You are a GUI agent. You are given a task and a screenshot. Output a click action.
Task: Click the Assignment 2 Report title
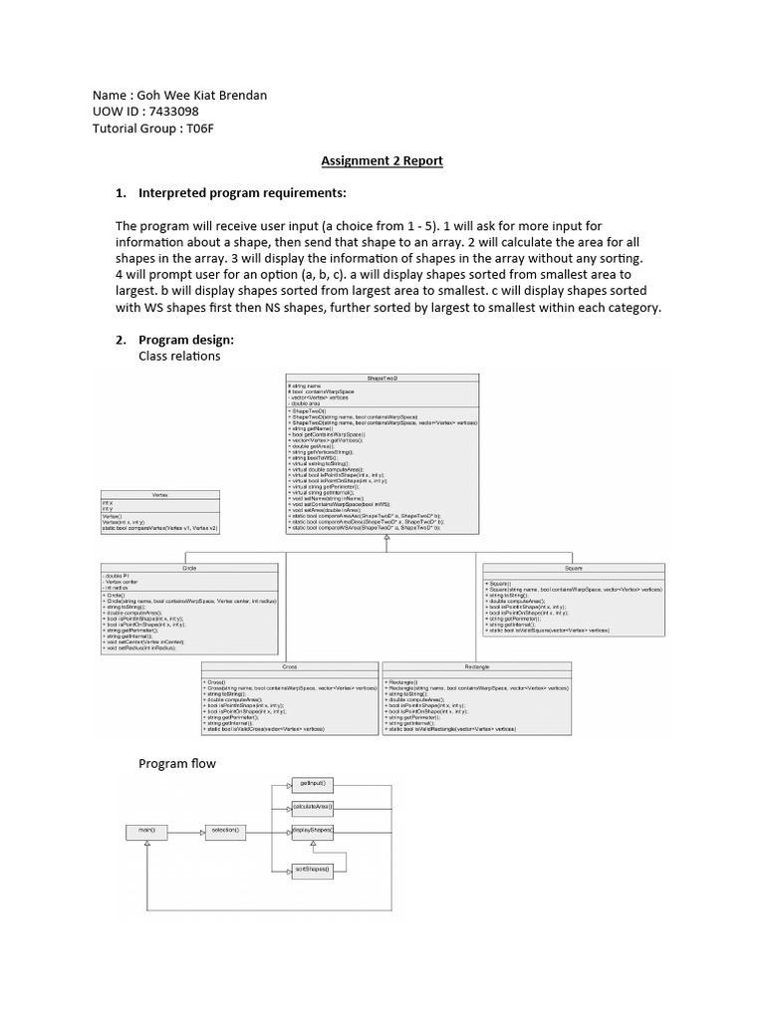pyautogui.click(x=382, y=160)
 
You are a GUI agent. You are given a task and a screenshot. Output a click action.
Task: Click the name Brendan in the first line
pyautogui.click(x=239, y=96)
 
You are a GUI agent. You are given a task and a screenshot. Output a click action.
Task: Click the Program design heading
pyautogui.click(x=185, y=340)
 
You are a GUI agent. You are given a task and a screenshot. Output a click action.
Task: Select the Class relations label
pyautogui.click(x=179, y=356)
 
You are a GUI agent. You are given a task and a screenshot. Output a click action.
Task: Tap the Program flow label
pyautogui.click(x=177, y=764)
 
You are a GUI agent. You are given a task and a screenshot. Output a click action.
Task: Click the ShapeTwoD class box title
pyautogui.click(x=382, y=379)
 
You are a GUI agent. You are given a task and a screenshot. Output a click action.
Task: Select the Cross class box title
pyautogui.click(x=290, y=666)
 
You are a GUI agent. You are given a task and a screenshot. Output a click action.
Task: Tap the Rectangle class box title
pyautogui.click(x=476, y=666)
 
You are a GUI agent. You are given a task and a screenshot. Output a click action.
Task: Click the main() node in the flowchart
pyautogui.click(x=145, y=829)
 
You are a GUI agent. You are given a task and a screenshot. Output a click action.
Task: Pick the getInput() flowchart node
pyautogui.click(x=311, y=785)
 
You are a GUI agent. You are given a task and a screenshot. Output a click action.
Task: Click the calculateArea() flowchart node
pyautogui.click(x=312, y=807)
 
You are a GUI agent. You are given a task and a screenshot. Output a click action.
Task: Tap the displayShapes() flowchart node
pyautogui.click(x=312, y=830)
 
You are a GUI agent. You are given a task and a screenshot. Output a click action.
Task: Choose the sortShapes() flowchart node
pyautogui.click(x=312, y=870)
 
